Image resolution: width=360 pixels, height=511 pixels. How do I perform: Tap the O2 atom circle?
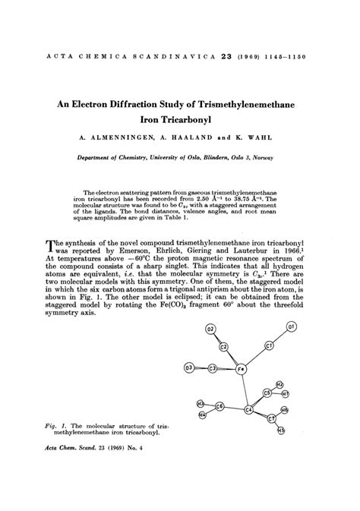[x=211, y=328]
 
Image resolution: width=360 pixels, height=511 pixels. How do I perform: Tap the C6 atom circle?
[x=220, y=406]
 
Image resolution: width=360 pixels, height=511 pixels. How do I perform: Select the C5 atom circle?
[x=267, y=393]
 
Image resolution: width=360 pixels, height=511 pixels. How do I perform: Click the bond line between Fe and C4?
[x=245, y=389]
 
